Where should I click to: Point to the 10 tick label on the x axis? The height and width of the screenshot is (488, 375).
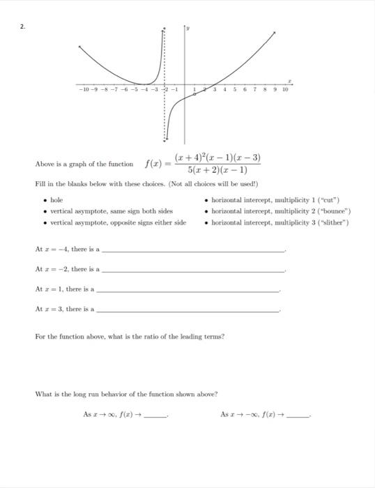tap(285, 89)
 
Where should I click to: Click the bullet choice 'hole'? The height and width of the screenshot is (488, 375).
tap(56, 200)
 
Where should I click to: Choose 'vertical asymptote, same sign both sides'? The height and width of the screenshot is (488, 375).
tap(107, 211)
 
